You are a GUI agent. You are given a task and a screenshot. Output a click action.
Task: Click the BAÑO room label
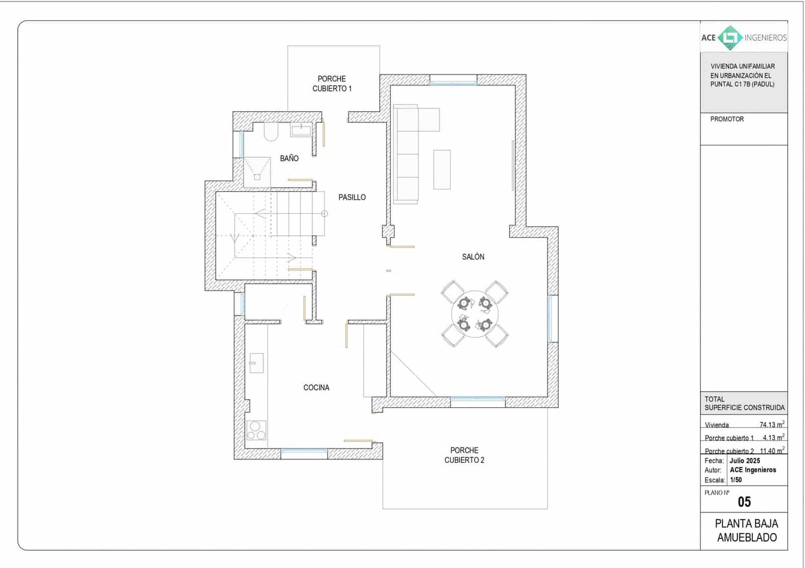(x=289, y=158)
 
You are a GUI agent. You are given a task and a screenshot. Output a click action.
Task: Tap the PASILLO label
(x=352, y=198)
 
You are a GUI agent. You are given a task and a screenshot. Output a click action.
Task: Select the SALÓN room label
(x=473, y=257)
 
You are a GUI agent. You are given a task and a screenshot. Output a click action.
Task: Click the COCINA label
(x=316, y=388)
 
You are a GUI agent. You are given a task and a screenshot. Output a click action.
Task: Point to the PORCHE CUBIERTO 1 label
(x=332, y=83)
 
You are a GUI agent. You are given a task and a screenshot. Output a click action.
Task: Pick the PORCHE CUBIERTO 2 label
(x=464, y=455)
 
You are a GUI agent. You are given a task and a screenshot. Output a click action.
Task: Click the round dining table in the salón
(x=474, y=314)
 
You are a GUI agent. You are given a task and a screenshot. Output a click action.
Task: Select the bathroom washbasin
(x=301, y=130)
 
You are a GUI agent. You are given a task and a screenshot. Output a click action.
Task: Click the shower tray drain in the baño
(x=257, y=176)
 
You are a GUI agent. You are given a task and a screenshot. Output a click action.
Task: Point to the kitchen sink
(x=257, y=363)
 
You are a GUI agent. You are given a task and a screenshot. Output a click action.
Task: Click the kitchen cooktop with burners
(x=256, y=431)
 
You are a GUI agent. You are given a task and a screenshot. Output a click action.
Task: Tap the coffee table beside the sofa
(x=442, y=169)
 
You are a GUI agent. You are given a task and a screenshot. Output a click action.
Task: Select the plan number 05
(x=744, y=502)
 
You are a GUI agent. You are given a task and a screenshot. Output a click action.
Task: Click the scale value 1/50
(x=736, y=480)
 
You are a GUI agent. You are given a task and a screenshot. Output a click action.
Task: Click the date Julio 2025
(x=745, y=460)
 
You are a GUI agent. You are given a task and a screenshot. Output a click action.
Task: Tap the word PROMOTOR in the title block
(x=727, y=119)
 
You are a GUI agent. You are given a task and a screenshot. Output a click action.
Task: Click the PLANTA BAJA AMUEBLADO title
(x=746, y=530)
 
